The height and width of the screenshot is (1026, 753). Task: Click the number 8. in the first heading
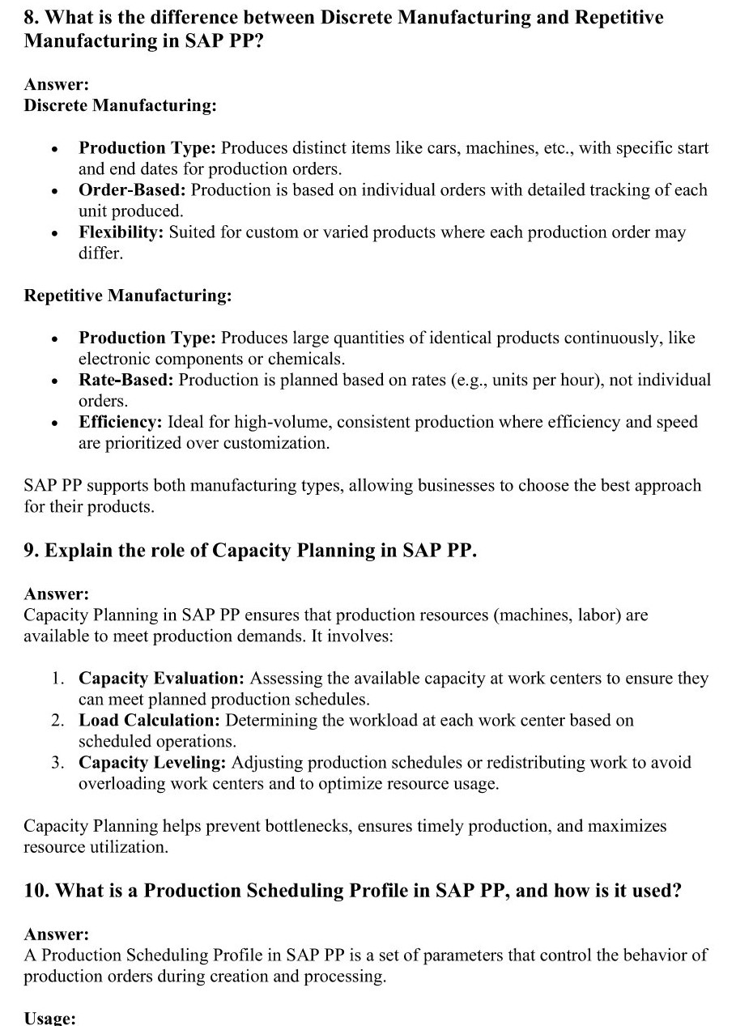pos(32,18)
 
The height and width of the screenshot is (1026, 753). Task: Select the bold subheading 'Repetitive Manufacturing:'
pos(128,296)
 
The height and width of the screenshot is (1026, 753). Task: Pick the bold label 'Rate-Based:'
pos(125,380)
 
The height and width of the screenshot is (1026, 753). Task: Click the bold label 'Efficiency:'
pos(121,422)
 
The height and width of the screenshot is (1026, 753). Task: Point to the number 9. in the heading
pos(32,551)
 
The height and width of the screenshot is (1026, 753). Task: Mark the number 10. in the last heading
pos(36,891)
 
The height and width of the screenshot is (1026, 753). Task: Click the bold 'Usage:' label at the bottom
pos(49,1019)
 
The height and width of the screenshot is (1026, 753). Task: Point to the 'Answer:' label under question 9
pos(57,594)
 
